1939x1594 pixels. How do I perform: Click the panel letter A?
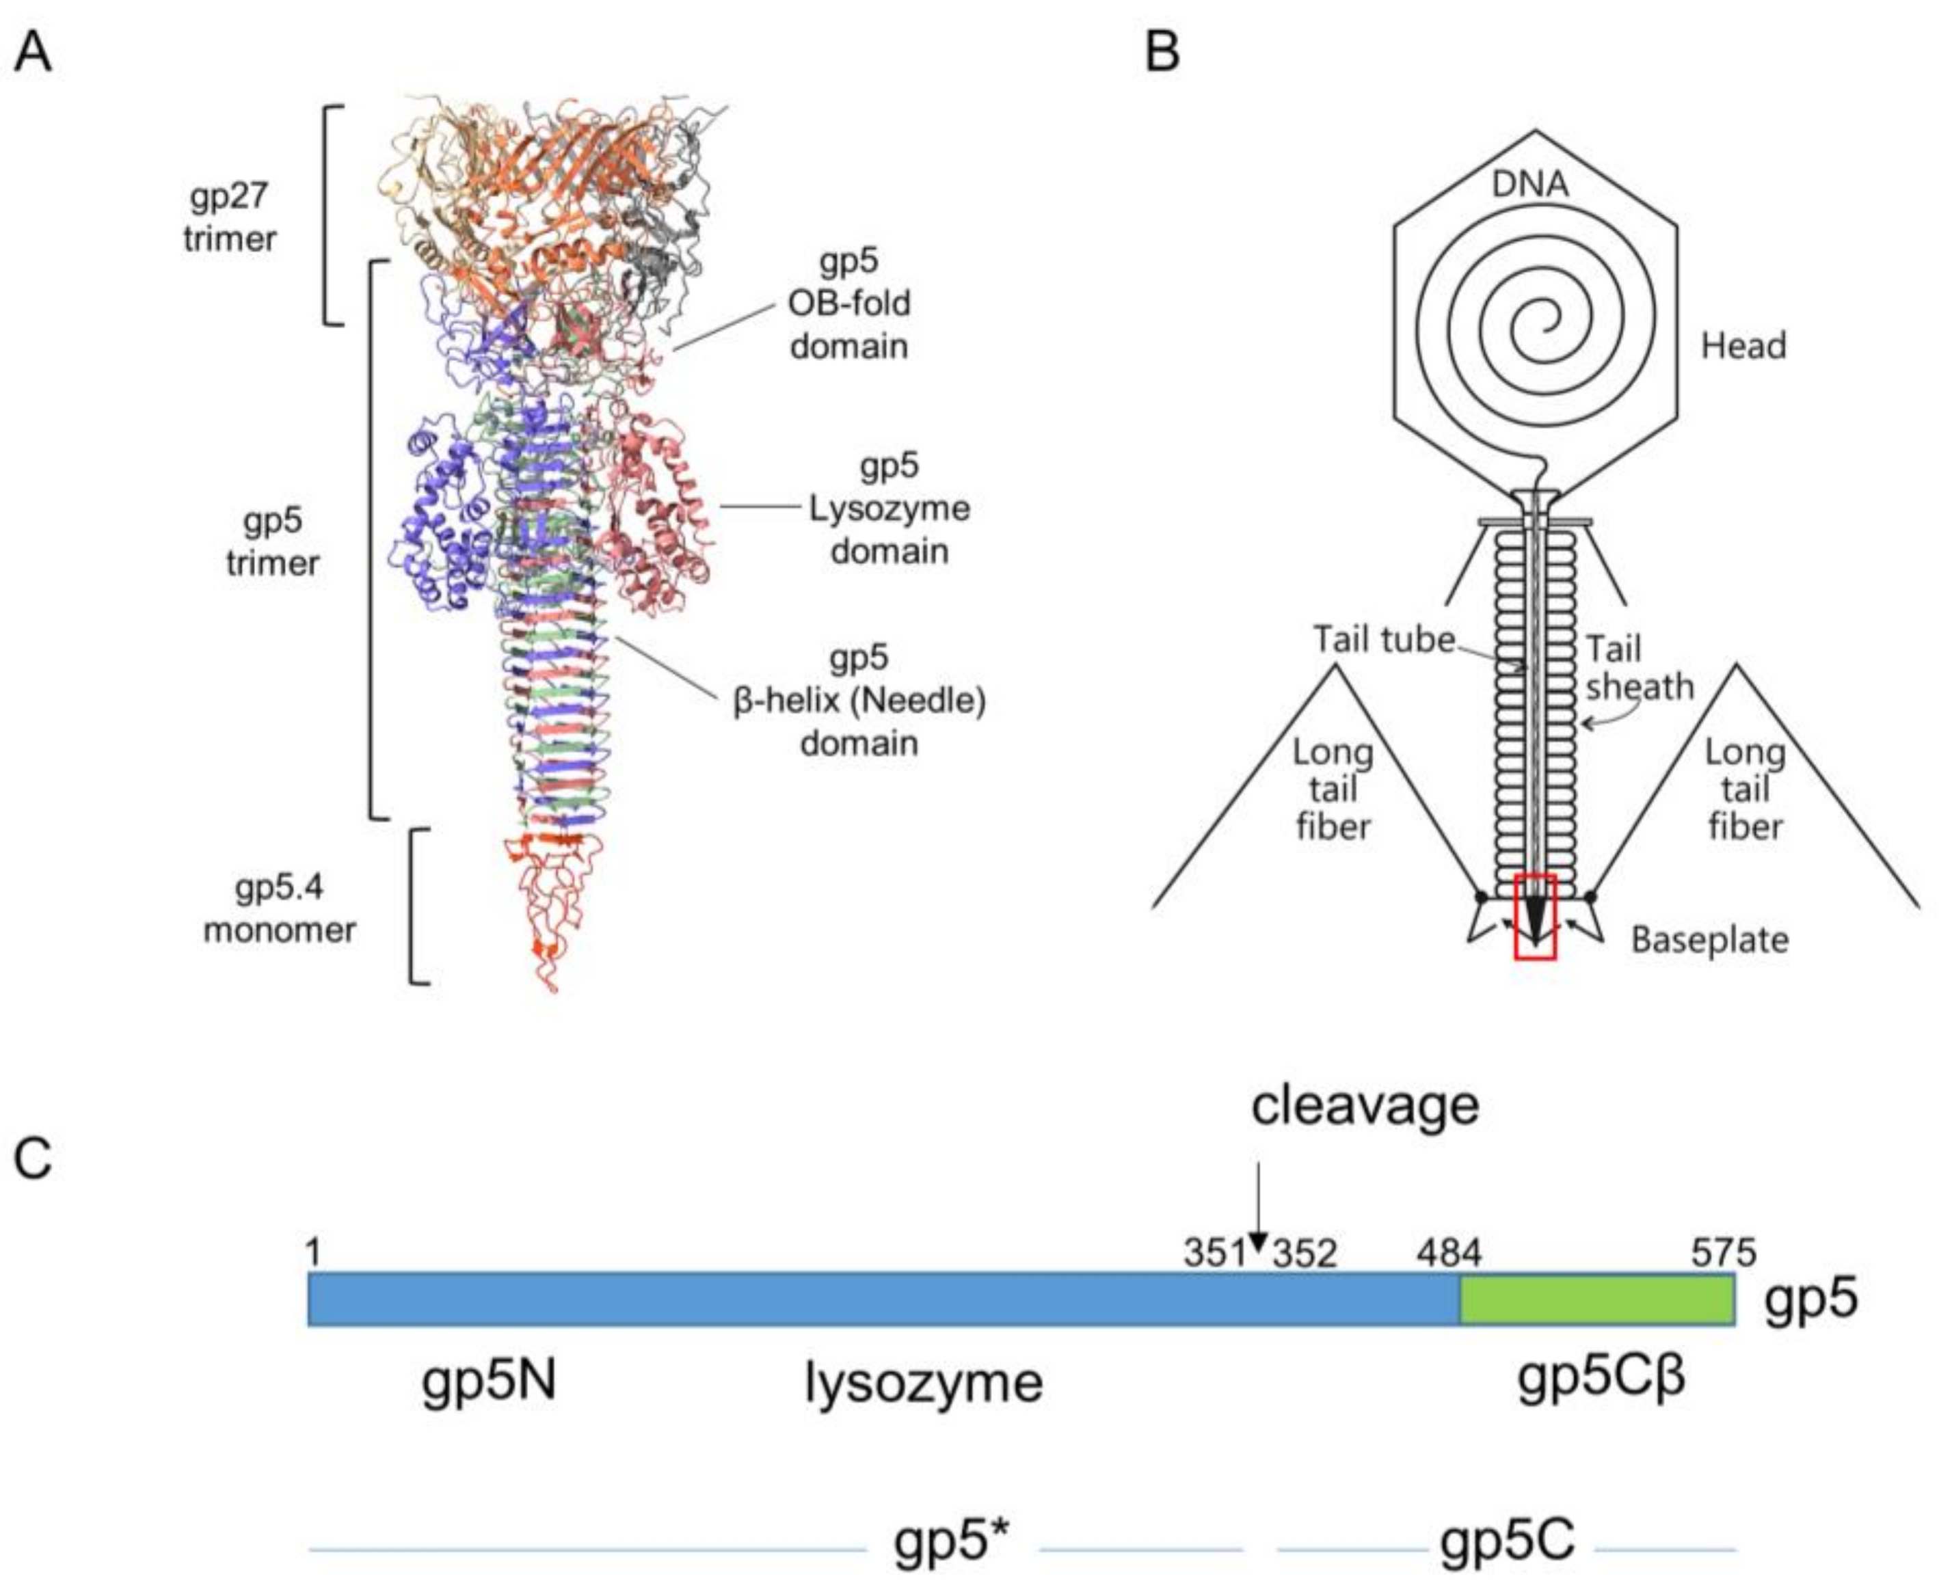33,53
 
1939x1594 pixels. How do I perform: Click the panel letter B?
1162,53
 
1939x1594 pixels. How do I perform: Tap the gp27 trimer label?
230,217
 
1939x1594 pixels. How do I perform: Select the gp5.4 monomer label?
279,909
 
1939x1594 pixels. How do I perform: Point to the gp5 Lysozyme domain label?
888,509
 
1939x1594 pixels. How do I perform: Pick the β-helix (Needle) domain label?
859,701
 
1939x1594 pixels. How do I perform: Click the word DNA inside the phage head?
1530,185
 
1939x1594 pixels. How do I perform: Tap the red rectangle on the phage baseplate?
1535,917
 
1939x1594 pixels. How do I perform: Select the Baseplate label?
1709,941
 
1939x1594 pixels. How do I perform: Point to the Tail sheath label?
1640,668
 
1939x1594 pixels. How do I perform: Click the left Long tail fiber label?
1333,789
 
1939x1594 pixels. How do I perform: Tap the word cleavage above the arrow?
1365,1105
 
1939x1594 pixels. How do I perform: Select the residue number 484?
1449,1252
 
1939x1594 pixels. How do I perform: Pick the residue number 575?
1723,1252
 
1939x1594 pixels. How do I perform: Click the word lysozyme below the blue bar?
924,1383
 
